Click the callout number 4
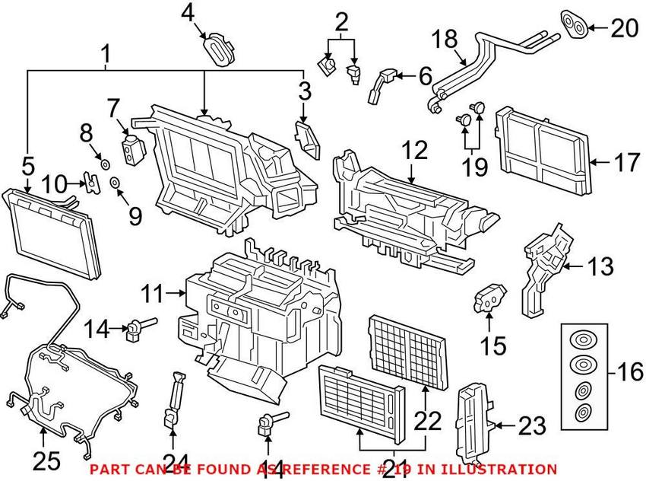point(188,12)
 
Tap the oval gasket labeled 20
point(575,24)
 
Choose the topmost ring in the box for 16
point(581,339)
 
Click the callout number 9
point(135,216)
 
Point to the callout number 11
point(154,291)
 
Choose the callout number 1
point(106,54)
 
